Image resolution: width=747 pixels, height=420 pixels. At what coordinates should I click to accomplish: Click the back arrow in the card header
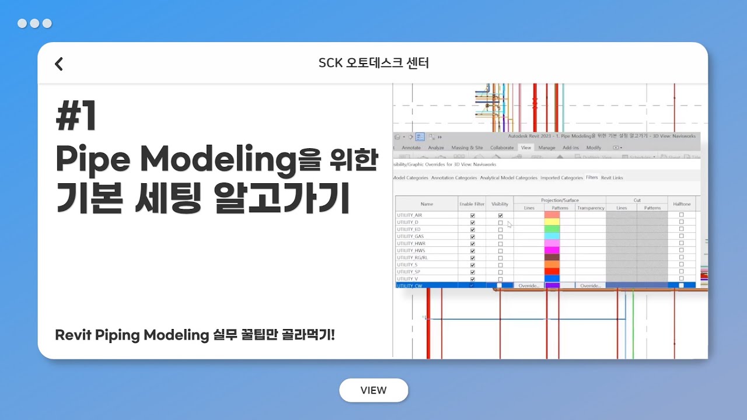pos(59,64)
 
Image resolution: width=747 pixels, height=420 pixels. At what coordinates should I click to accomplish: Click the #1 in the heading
pos(76,117)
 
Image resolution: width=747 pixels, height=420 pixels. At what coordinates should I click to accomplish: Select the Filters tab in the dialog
pos(592,177)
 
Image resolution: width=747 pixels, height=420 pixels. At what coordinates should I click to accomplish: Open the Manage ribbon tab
pos(547,148)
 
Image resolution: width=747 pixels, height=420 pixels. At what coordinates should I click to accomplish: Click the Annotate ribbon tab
pos(411,148)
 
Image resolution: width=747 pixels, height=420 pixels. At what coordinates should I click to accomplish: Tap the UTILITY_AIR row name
pos(410,215)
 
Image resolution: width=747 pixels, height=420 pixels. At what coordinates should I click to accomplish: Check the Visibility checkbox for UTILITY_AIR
pos(500,215)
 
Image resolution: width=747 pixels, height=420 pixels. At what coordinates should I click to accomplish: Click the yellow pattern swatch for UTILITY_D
pos(551,222)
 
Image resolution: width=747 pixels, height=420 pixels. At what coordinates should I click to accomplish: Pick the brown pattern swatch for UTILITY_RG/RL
pos(551,257)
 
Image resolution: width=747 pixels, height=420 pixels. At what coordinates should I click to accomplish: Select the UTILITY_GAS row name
pos(410,236)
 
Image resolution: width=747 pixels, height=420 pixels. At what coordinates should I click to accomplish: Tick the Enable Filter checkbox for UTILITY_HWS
pos(473,250)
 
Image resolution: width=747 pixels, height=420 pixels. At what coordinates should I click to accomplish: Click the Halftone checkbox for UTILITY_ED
pos(681,229)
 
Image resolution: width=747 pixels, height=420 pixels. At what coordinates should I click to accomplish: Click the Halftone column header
pos(681,204)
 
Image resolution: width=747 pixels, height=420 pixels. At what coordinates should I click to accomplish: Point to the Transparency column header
pos(591,208)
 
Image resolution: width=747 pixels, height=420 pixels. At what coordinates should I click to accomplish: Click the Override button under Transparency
pos(591,286)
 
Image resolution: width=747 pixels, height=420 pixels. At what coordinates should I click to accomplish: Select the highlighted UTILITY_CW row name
pos(409,286)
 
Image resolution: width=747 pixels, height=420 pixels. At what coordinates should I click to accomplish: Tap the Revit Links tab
pos(612,177)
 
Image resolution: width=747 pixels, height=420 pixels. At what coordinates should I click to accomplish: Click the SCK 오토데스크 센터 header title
pos(373,63)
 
